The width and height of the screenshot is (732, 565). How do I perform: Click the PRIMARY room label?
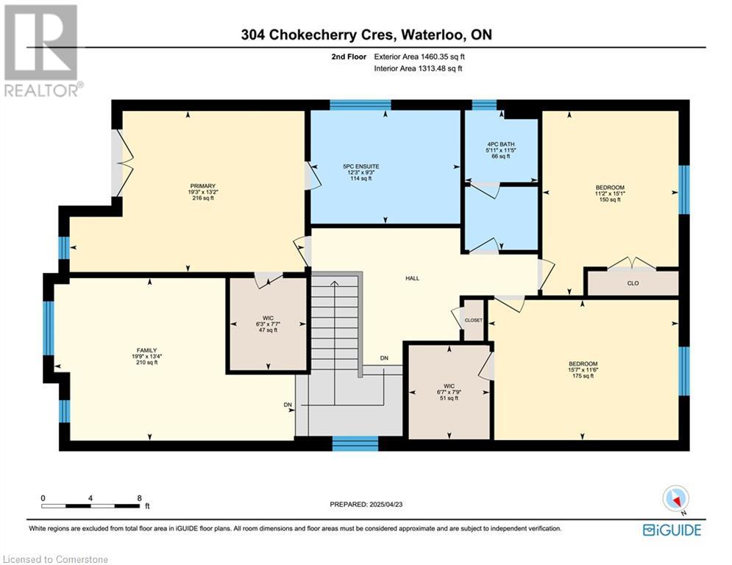(202, 186)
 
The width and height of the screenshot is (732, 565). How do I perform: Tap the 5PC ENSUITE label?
(361, 166)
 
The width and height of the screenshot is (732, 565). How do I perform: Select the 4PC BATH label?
(501, 144)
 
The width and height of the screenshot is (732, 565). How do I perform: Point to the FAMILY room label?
(146, 350)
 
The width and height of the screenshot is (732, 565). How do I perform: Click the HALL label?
(412, 278)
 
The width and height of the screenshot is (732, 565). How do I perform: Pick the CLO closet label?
(633, 283)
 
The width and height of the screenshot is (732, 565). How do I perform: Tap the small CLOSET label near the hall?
(473, 320)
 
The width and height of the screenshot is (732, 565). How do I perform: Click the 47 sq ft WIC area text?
(268, 330)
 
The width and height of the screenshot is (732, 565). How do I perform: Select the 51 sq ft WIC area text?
(449, 398)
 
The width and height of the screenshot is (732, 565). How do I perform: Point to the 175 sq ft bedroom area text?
(583, 376)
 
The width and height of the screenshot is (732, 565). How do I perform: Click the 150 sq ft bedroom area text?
(610, 199)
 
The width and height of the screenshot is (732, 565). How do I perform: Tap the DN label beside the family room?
(288, 405)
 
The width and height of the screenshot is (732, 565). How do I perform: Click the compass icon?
(675, 499)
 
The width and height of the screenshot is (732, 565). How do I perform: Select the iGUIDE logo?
(672, 530)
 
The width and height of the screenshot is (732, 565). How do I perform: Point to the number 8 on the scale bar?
(139, 498)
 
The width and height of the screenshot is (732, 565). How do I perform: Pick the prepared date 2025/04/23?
(385, 504)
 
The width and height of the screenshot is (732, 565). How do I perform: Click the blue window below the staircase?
(355, 444)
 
